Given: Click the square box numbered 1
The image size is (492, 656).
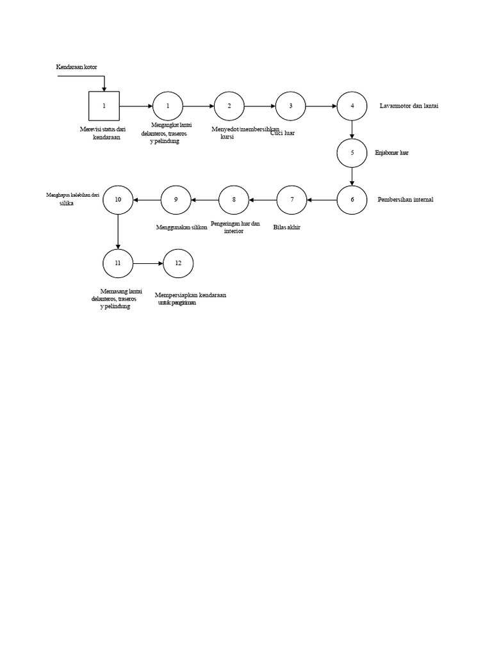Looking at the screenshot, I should pos(104,106).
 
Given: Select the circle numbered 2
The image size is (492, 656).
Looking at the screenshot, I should pos(229,106).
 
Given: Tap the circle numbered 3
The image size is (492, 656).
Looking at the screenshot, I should pos(291,106).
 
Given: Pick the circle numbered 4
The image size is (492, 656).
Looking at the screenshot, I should pos(352,106).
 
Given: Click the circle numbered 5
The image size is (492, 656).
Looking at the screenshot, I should pos(352,153).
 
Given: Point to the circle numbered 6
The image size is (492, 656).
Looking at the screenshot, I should pos(352,200).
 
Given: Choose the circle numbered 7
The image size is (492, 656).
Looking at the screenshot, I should pos(291,200).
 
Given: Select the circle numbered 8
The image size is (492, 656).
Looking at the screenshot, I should pos(234,200).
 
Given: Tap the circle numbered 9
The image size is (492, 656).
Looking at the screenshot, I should pos(176,200).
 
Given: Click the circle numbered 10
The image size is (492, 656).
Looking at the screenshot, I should pos(118,200).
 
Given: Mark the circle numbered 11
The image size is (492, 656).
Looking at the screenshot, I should pos(118,263).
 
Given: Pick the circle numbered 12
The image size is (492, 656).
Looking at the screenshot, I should pos(178,263).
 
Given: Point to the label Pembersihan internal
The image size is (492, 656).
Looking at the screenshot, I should pos(406,200).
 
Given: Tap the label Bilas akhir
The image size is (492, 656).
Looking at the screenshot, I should pos(286,227).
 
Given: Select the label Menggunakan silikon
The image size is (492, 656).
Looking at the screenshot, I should pos(182,227).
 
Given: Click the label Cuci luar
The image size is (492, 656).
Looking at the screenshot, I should pos(283,133).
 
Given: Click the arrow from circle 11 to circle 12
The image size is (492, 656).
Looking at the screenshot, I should pos(148,263).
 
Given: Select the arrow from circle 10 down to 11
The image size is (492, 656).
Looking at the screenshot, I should pos(118,231).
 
